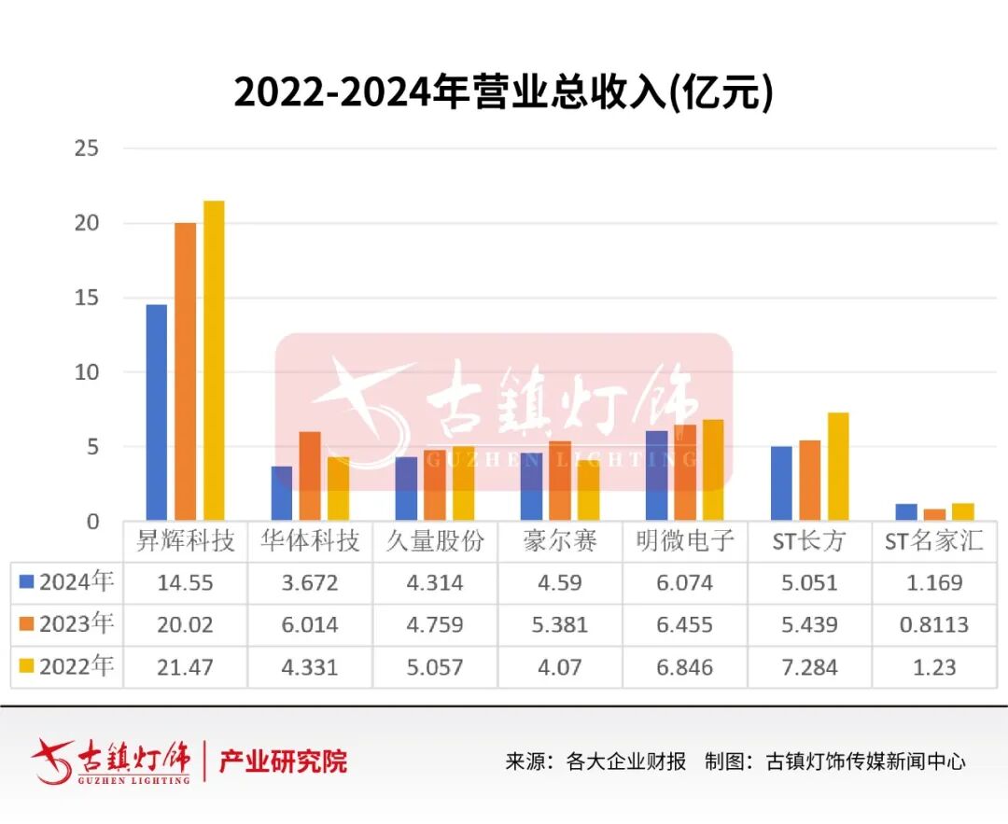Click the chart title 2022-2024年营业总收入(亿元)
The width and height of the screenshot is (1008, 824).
503,93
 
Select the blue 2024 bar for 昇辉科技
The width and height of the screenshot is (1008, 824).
157,412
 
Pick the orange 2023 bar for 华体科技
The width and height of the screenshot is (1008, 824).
310,476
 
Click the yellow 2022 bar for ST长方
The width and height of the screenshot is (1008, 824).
838,467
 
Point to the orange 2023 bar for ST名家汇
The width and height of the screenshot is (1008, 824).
933,514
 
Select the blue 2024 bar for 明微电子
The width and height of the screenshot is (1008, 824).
657,475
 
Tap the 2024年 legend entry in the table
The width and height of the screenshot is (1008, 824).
67,583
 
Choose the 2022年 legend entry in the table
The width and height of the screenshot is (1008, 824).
67,666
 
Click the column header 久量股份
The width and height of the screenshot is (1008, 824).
435,541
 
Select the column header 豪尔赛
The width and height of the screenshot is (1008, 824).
560,541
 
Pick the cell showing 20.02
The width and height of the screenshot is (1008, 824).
186,624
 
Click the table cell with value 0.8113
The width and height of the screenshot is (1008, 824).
933,624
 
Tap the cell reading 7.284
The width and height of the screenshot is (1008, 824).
810,667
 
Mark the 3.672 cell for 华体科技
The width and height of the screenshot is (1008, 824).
310,583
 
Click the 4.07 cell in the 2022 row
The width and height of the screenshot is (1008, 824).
560,667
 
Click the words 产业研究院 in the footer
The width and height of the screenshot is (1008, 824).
283,761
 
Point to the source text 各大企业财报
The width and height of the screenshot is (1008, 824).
626,761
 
